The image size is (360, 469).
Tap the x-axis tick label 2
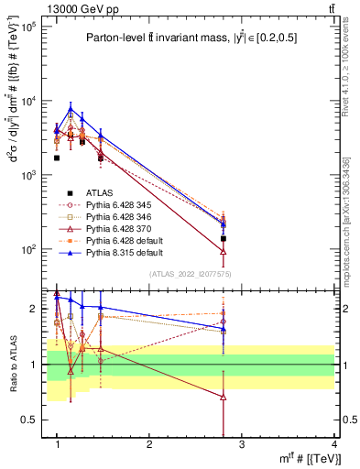pos(149,445)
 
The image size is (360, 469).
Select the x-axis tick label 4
pos(333,445)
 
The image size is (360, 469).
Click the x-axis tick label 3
pos(242,445)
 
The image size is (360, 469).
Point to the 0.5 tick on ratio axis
pos(34,420)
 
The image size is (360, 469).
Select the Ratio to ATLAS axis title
pos(14,365)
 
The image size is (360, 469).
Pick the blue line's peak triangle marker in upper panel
pos(70,109)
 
